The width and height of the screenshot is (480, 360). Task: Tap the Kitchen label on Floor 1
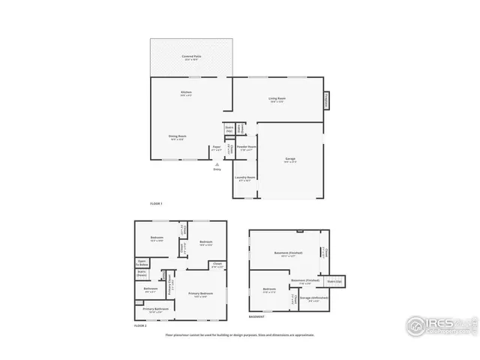(x=185, y=93)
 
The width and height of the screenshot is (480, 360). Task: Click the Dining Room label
(x=177, y=136)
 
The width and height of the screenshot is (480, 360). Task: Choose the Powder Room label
(x=247, y=146)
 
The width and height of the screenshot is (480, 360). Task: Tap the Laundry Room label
(x=246, y=178)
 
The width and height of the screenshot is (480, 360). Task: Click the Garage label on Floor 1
(x=289, y=159)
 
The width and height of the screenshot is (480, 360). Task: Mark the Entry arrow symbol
(x=217, y=164)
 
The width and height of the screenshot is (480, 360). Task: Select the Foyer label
(x=216, y=147)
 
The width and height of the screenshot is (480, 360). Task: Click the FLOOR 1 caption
(x=156, y=204)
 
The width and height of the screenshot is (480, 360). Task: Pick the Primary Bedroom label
(x=200, y=293)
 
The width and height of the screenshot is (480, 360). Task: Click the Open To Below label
(x=142, y=262)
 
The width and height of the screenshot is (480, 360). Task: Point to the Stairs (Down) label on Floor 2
(x=141, y=273)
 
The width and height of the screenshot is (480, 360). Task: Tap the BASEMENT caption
(x=256, y=317)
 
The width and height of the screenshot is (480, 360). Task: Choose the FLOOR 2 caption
(x=140, y=326)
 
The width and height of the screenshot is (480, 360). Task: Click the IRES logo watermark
(x=436, y=325)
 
